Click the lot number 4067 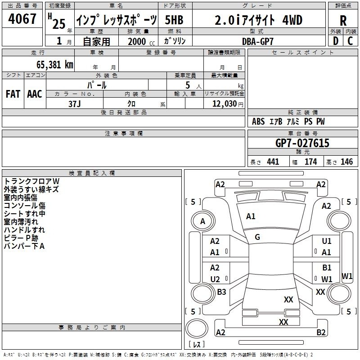(22, 18)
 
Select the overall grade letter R (343, 21)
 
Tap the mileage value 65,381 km (55, 64)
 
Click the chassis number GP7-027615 (302, 143)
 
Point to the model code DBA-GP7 (257, 41)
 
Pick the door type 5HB (174, 20)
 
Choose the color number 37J (74, 104)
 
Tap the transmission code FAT (13, 94)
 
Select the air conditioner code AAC (35, 94)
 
